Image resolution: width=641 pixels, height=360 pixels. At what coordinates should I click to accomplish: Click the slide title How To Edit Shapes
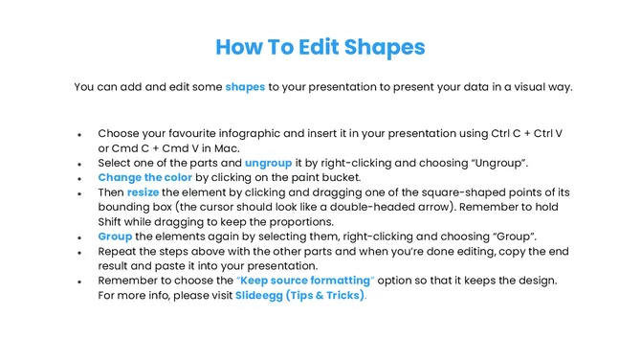[x=320, y=47]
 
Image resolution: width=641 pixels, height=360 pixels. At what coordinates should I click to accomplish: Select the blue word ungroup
[x=268, y=163]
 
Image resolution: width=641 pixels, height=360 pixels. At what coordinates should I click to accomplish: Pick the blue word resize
[x=144, y=192]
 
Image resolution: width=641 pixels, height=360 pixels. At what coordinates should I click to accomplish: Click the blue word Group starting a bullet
[x=116, y=236]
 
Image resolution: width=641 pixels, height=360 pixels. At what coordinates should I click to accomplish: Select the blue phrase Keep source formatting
[x=306, y=280]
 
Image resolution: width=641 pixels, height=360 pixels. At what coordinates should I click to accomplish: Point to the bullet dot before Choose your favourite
[x=80, y=134]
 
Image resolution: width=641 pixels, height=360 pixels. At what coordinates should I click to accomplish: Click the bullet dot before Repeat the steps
[x=80, y=252]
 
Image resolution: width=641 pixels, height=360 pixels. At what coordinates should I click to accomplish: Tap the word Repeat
[x=119, y=251]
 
